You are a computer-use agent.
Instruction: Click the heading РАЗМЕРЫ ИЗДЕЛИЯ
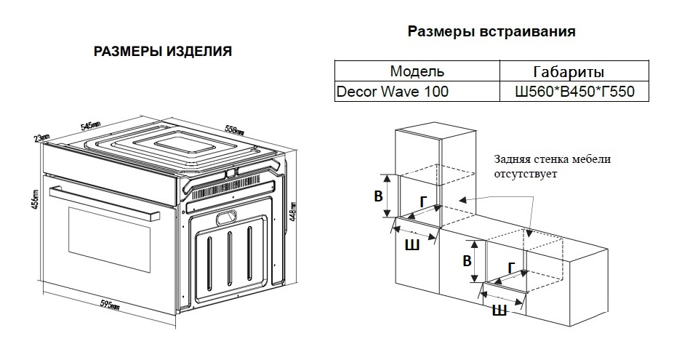164,52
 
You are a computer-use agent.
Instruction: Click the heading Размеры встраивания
492,32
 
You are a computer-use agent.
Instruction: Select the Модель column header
417,71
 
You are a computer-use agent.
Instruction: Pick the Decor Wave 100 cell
392,92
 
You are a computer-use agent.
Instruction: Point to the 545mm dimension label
90,126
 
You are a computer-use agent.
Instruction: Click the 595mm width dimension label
109,303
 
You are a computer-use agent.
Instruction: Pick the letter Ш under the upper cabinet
412,245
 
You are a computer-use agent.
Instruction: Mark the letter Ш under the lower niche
500,311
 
